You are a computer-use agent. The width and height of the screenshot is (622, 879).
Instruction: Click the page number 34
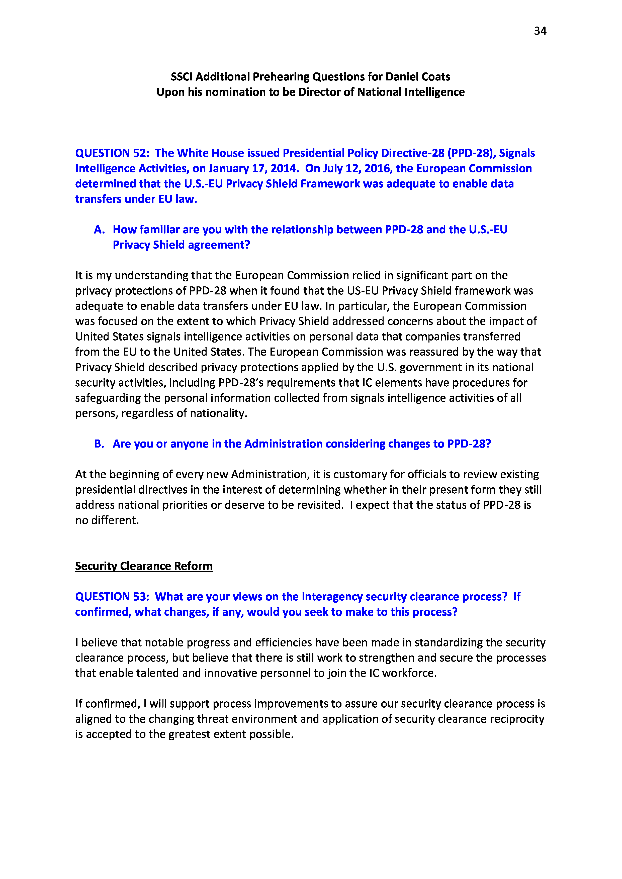click(540, 31)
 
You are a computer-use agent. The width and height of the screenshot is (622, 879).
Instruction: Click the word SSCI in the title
click(182, 77)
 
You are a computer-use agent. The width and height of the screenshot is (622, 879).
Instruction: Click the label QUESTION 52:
click(112, 153)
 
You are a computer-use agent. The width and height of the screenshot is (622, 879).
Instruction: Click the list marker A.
click(99, 230)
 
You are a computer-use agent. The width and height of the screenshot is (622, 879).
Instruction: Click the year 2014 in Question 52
click(284, 168)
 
